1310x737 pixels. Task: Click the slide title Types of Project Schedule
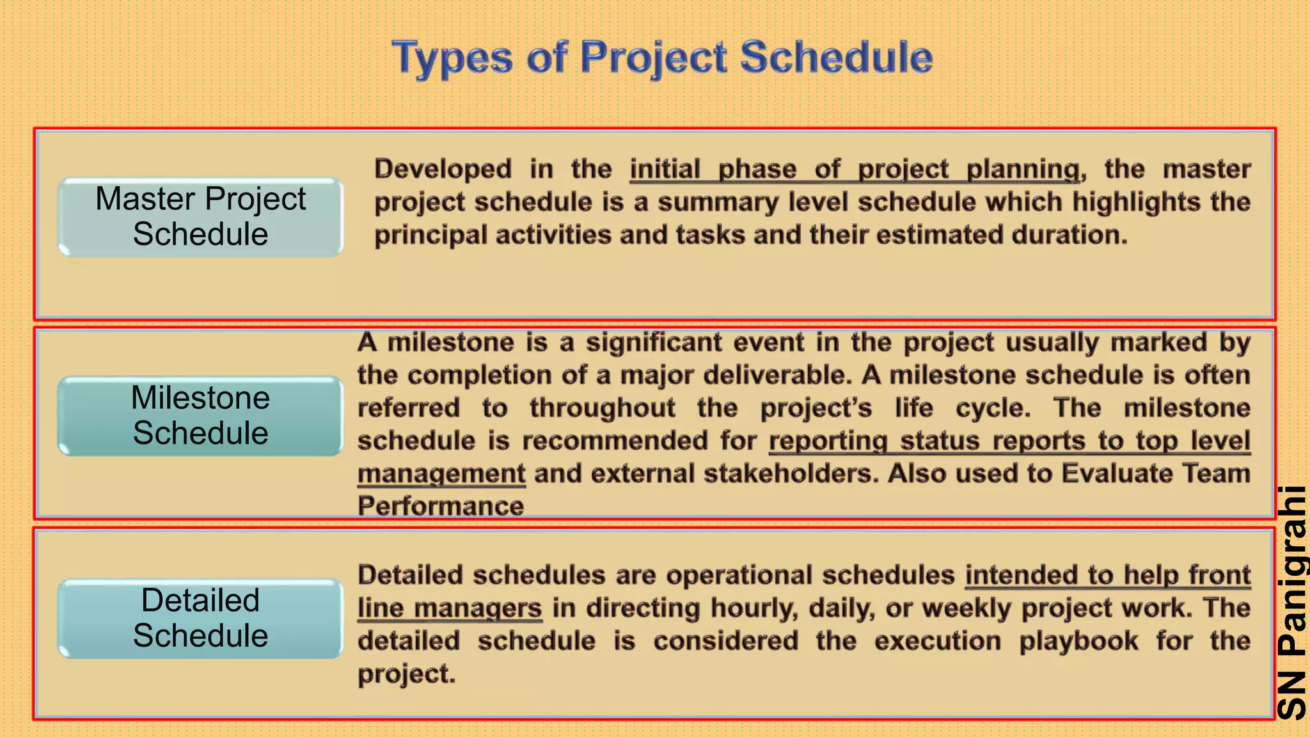point(662,58)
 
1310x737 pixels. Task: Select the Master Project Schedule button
point(200,217)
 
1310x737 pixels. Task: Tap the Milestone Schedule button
point(200,416)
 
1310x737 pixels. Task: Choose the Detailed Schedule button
point(200,619)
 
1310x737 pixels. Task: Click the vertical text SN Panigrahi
point(1291,601)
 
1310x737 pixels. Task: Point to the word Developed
point(443,170)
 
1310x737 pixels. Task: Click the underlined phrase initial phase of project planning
point(854,170)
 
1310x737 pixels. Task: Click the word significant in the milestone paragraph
point(654,343)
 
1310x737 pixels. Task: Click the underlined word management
point(441,474)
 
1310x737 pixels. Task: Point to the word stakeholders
point(791,474)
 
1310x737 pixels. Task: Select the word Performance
point(441,507)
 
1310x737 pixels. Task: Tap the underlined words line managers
point(450,608)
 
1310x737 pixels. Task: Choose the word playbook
point(1078,641)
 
